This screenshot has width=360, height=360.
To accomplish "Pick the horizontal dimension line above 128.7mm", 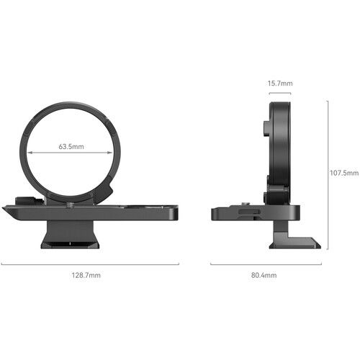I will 90,264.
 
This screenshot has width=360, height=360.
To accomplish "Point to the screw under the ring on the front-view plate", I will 70,205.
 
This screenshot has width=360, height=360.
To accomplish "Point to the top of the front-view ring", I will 70,101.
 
